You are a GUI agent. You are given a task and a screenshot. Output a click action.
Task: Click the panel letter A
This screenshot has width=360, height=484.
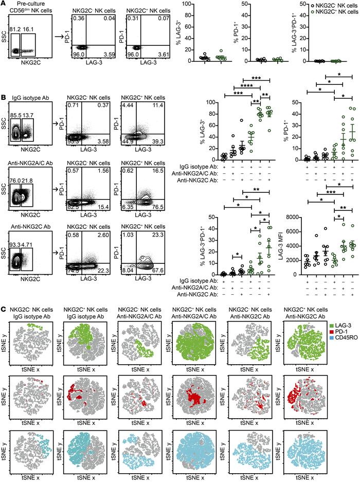point(5,4)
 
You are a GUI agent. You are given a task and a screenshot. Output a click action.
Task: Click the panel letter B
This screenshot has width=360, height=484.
point(5,96)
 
